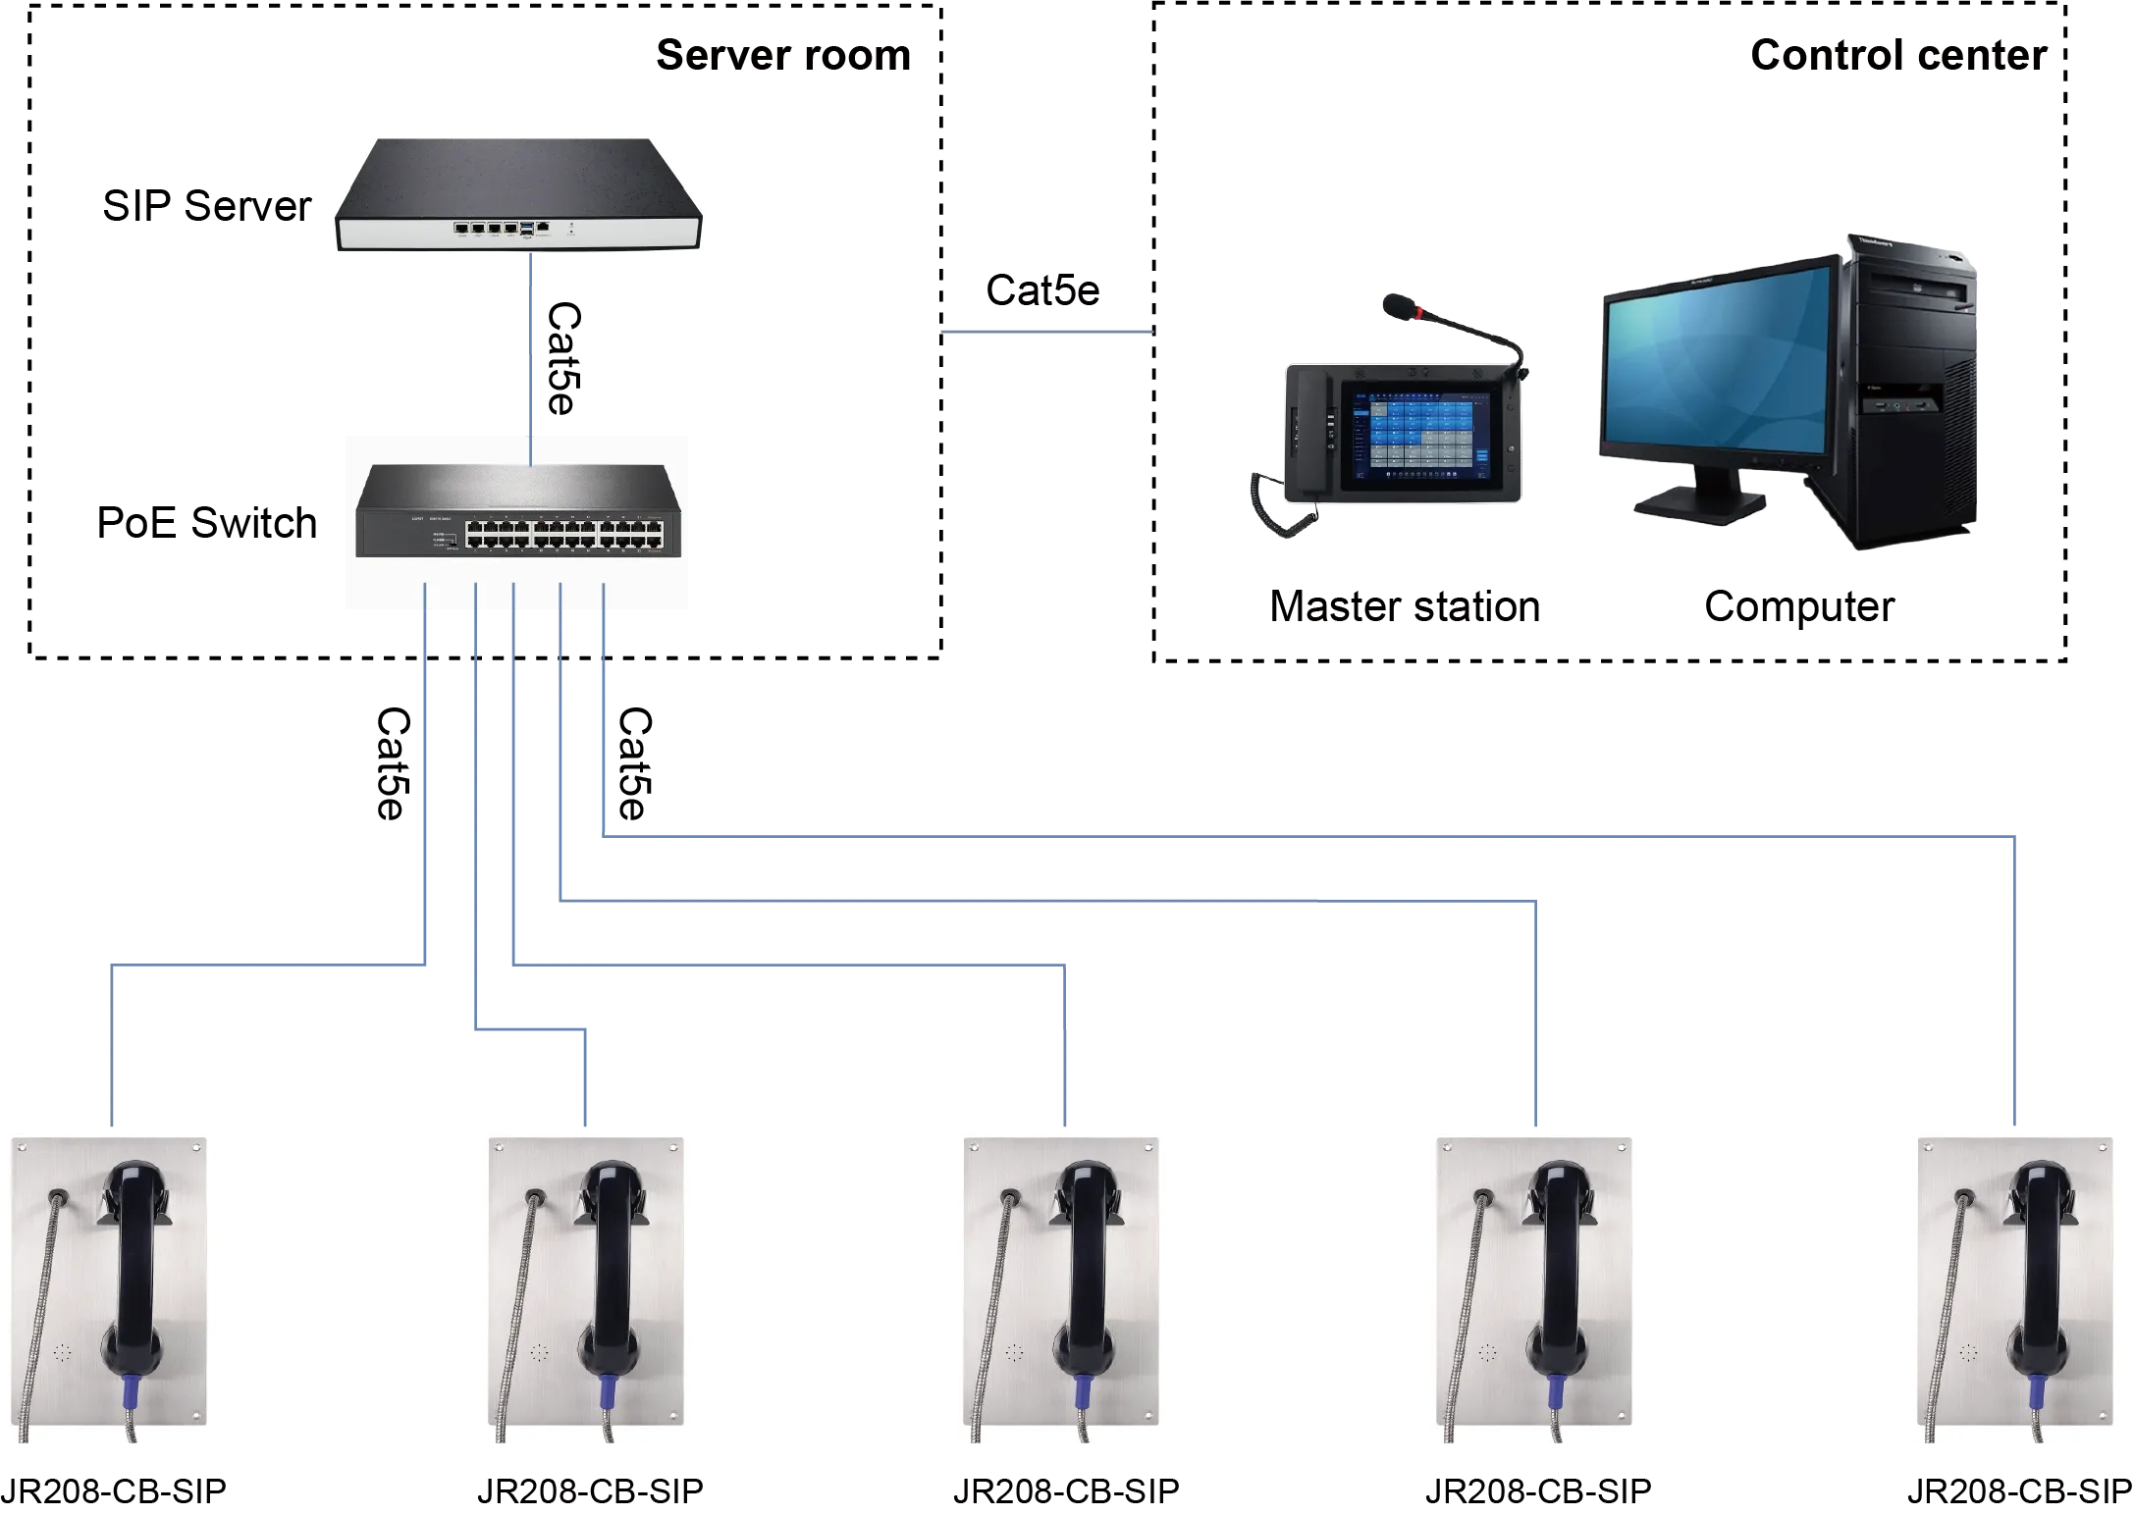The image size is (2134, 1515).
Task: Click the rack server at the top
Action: click(x=518, y=196)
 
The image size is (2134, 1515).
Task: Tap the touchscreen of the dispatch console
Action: click(x=1418, y=434)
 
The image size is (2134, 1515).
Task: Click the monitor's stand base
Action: click(x=1698, y=505)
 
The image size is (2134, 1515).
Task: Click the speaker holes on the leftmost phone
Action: click(x=62, y=1353)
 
